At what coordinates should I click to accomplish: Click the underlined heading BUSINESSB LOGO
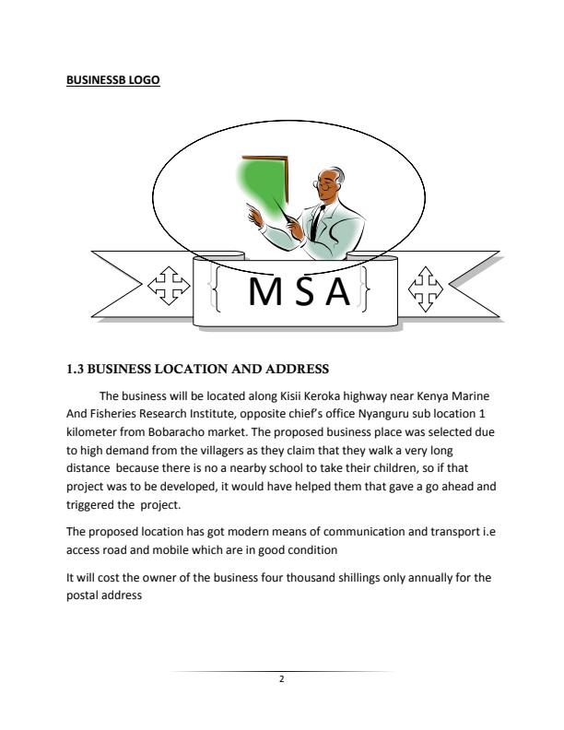(113, 80)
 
